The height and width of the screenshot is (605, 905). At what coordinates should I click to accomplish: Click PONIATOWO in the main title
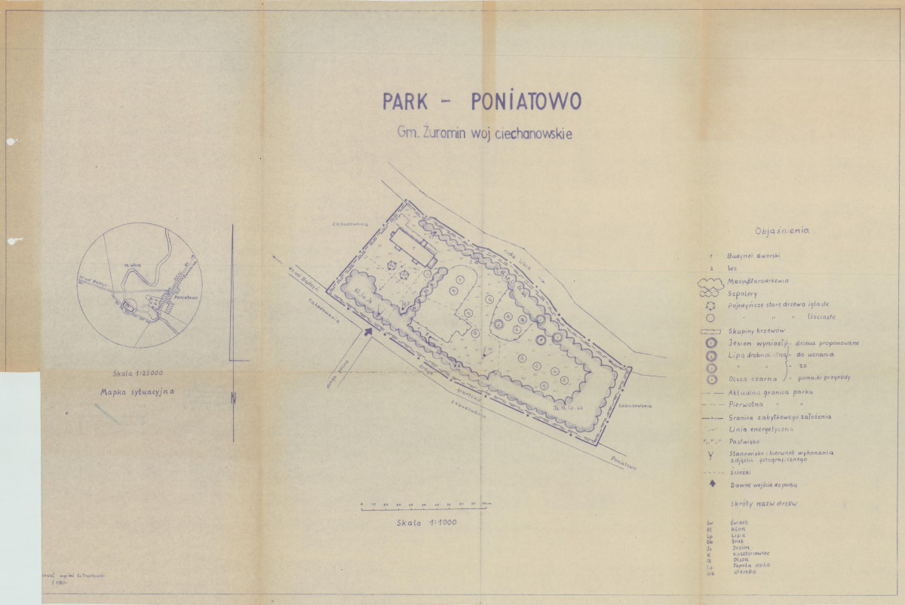click(x=526, y=101)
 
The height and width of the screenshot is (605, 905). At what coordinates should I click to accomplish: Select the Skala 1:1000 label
click(x=426, y=521)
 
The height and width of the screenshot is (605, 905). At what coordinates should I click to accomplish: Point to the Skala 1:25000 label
click(x=133, y=373)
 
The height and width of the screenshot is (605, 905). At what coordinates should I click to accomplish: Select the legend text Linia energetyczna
click(x=759, y=428)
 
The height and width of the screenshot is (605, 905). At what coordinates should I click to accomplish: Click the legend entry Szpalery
click(x=743, y=293)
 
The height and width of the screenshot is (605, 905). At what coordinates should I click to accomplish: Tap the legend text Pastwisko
click(x=744, y=441)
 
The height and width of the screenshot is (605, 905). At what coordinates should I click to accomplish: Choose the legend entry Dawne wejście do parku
click(x=763, y=484)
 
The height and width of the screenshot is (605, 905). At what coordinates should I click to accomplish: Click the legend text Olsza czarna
click(x=748, y=378)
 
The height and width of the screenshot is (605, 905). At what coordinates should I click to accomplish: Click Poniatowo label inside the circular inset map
click(x=186, y=297)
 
